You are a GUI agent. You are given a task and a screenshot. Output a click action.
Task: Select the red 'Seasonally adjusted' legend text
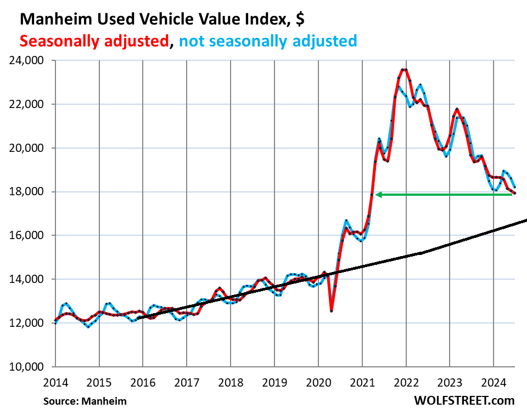pyautogui.click(x=93, y=41)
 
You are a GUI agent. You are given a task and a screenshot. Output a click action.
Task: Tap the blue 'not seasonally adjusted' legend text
pyautogui.click(x=269, y=41)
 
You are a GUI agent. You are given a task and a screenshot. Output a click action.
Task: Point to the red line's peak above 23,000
pyautogui.click(x=404, y=70)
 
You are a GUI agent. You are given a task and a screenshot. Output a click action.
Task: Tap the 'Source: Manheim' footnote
pyautogui.click(x=85, y=401)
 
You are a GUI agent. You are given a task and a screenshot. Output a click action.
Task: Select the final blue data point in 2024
pyautogui.click(x=514, y=188)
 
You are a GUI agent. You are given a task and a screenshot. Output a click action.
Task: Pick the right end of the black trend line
pyautogui.click(x=526, y=220)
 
